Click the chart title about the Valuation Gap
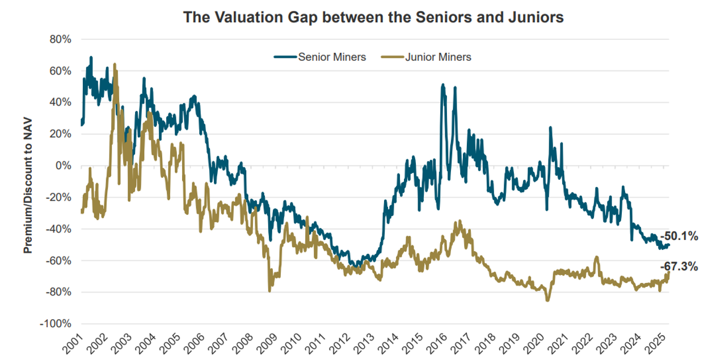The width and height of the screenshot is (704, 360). tap(373, 18)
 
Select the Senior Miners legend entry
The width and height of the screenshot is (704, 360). tap(320, 57)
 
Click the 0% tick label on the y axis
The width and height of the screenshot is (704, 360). tap(64, 166)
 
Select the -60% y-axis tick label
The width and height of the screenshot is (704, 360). tap(60, 261)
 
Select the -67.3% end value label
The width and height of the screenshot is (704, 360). tap(678, 266)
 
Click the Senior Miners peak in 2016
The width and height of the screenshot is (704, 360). tap(443, 85)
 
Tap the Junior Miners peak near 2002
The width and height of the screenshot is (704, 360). tap(115, 65)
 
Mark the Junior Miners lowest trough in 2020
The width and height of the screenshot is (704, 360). tap(547, 300)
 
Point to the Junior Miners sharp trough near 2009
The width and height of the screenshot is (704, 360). tap(269, 290)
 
